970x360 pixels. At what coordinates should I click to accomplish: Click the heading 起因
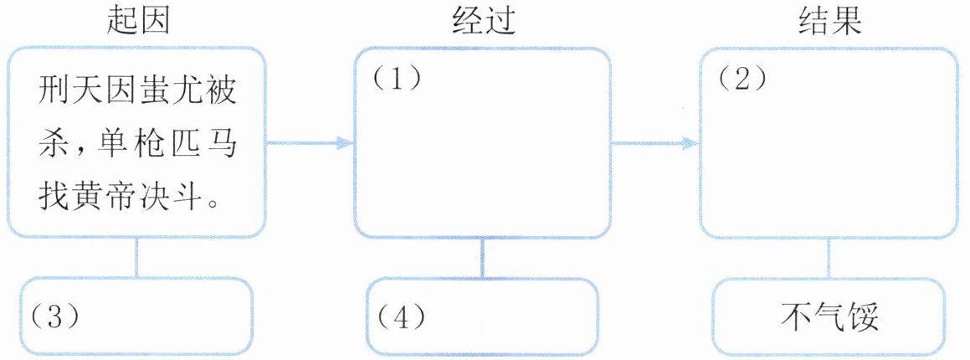pyautogui.click(x=138, y=21)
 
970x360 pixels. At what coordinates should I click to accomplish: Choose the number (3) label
pyautogui.click(x=54, y=315)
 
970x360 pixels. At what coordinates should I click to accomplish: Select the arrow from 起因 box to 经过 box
pyautogui.click(x=310, y=143)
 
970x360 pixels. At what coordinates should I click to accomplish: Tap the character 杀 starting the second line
pyautogui.click(x=53, y=144)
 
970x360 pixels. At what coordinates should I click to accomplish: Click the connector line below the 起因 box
pyautogui.click(x=136, y=257)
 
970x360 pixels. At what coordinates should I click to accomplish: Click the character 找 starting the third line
pyautogui.click(x=53, y=198)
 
